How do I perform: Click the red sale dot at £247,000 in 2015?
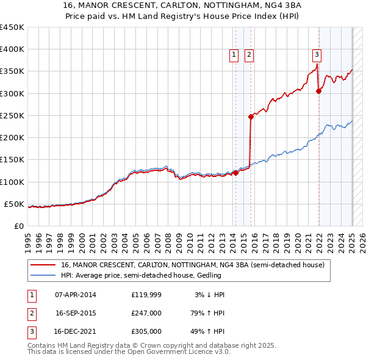(x=251, y=117)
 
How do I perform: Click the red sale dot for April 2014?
(x=235, y=173)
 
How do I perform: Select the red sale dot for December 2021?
(x=318, y=91)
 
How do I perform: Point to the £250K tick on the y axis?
(x=12, y=115)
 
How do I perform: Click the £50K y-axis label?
(x=15, y=204)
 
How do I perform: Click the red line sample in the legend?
(x=44, y=265)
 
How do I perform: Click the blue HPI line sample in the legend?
(x=44, y=275)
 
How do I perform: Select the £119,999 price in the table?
(x=146, y=295)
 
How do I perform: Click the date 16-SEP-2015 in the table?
(x=76, y=313)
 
